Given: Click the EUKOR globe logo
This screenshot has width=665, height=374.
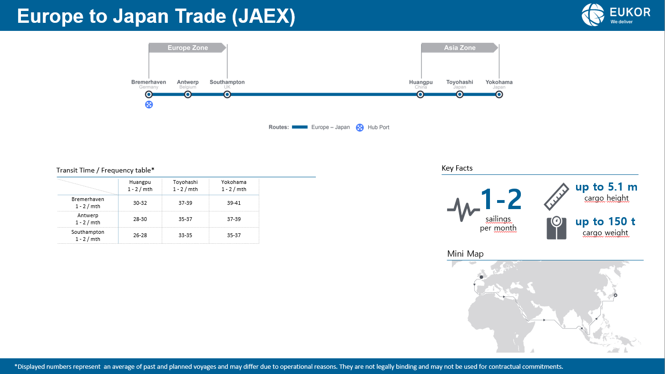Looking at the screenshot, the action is [593, 15].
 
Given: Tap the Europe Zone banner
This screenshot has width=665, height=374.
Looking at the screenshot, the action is [187, 48].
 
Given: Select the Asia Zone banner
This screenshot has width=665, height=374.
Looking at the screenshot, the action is [460, 48].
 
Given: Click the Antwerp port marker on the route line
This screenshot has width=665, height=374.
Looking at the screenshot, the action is [187, 95].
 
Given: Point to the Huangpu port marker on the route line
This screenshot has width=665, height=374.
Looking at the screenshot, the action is [420, 95].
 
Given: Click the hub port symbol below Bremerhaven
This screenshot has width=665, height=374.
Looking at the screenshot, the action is [149, 105].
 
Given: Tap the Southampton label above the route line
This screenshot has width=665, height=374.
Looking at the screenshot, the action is [227, 82].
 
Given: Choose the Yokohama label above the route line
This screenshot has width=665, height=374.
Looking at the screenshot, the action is [499, 82].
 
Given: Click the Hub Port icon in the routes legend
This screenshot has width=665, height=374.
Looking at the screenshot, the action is [360, 127].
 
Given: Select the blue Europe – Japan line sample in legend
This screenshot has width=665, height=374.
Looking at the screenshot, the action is [300, 127].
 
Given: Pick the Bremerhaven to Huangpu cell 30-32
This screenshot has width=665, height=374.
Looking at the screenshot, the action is [140, 203].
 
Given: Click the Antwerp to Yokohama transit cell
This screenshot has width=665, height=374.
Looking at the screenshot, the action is [234, 219].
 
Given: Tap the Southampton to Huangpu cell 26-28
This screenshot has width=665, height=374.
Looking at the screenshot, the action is [140, 235].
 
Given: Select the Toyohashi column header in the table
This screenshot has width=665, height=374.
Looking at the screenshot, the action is [185, 186].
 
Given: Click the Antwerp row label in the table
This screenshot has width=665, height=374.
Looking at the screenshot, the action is [88, 219].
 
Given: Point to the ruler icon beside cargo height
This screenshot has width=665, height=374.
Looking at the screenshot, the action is [557, 197].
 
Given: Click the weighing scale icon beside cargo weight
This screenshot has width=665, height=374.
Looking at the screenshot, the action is [557, 228].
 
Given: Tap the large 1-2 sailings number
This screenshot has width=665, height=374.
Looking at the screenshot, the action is [501, 199].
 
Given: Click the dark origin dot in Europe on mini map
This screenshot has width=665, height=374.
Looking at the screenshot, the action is [481, 277].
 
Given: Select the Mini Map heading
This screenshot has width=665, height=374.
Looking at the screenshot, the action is [465, 254].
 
